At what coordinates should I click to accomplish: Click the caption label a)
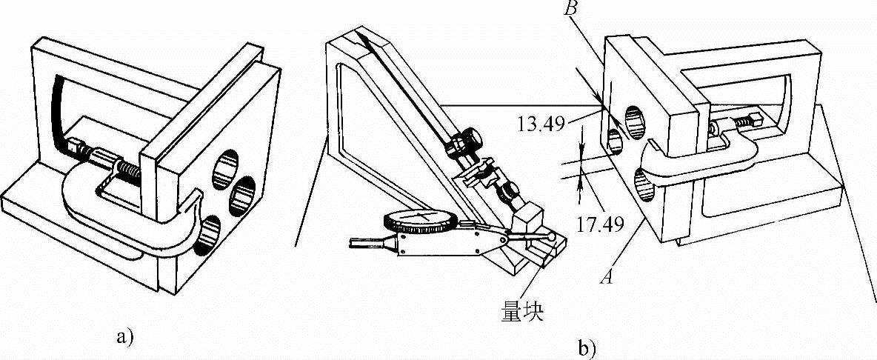124,338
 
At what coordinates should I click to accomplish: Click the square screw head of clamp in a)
74,147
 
